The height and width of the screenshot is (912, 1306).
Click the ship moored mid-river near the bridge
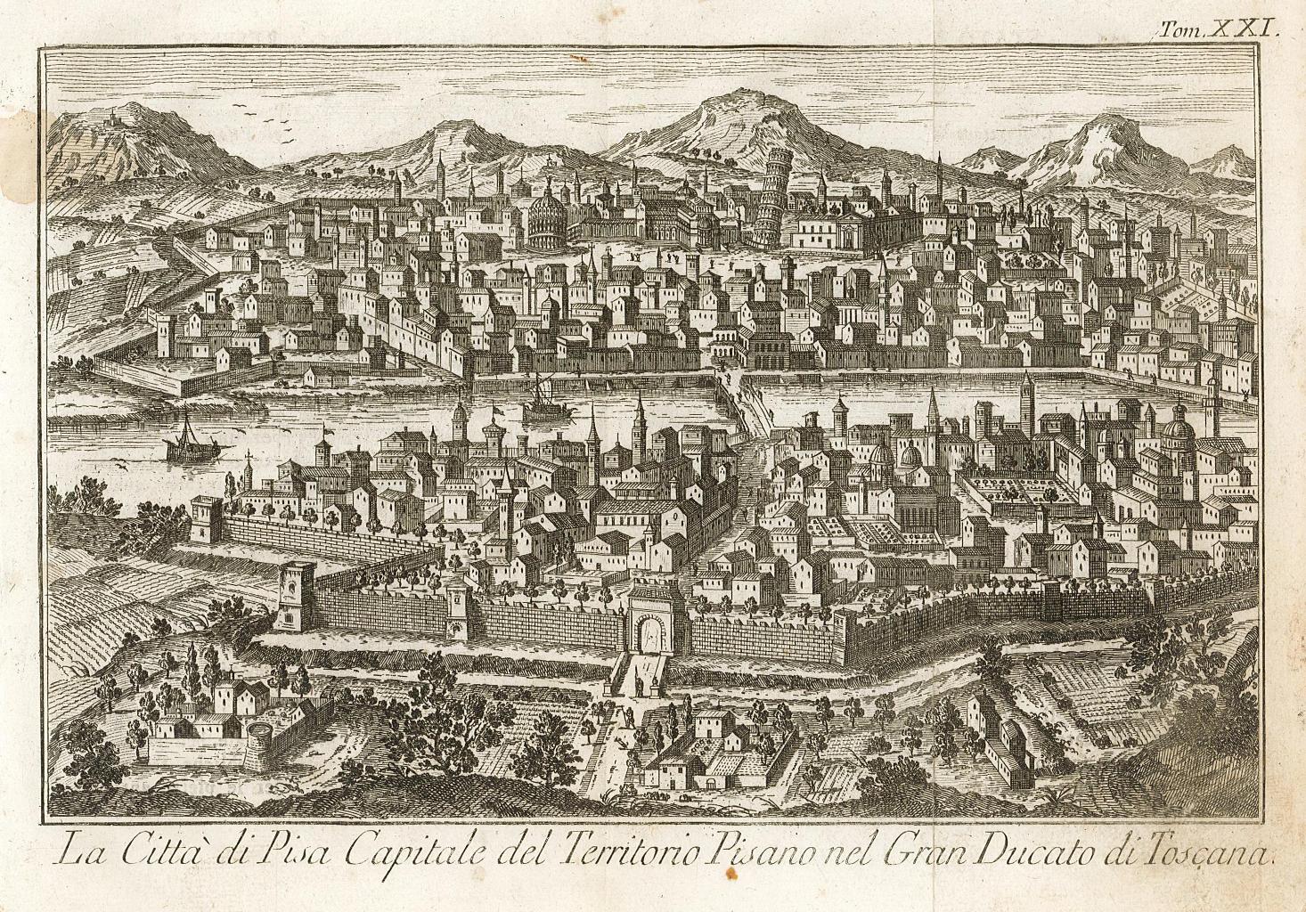(x=540, y=403)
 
